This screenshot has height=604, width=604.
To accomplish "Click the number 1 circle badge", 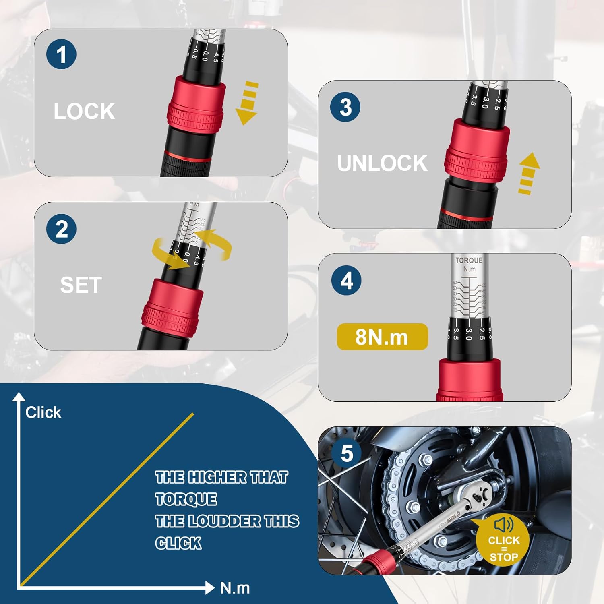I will [61, 54].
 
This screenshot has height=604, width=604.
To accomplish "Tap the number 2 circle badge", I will [61, 229].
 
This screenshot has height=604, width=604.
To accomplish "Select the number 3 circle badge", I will [345, 107].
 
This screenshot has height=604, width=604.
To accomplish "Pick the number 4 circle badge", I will [346, 281].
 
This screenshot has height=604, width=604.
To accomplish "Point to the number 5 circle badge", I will [346, 453].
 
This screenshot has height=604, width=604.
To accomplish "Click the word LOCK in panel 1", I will [84, 112].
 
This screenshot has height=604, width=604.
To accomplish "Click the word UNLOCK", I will [382, 163].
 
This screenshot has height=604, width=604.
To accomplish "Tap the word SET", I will [81, 285].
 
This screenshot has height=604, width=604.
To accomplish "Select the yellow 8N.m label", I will [382, 337].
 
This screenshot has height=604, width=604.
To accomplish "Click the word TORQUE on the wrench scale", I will [469, 261].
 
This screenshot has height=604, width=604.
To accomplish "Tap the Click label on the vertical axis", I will [43, 412].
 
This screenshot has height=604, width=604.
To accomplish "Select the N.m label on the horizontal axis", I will [235, 588].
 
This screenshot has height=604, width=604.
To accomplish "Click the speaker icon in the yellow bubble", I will [503, 525].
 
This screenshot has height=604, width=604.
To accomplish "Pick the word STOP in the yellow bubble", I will [504, 557].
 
